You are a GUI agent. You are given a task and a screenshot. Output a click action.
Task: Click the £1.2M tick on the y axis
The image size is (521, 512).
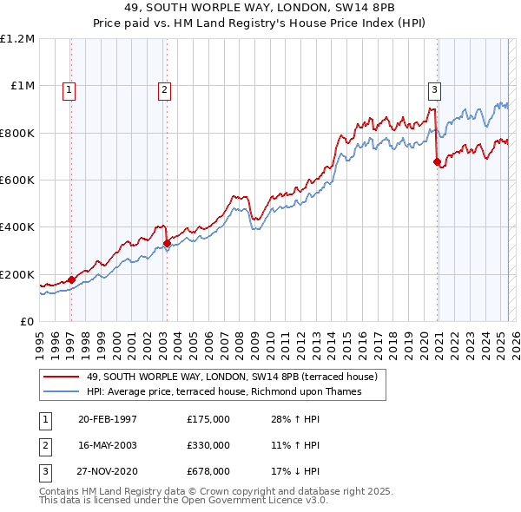coord(17,39)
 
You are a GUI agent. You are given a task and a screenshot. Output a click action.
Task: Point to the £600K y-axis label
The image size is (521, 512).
coord(17,181)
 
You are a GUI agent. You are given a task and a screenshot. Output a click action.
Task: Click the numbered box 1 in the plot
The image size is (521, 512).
coord(69,88)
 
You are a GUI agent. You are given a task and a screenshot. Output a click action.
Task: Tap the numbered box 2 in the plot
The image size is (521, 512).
coord(164,88)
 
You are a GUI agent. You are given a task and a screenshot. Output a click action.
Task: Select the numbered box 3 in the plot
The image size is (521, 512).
coord(434,88)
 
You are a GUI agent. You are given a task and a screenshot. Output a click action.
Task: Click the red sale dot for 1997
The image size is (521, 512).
coord(71,279)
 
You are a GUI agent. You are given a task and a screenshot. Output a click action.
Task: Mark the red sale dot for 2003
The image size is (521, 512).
coord(167,243)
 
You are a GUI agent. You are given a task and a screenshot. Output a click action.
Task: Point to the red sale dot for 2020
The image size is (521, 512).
coord(437,161)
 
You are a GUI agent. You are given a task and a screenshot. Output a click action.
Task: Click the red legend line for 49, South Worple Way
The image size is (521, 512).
coord(61,377)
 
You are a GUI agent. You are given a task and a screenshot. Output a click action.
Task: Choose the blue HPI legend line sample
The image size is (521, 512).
coord(61,392)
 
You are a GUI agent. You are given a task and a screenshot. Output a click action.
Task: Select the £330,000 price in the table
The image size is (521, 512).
coord(208,445)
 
